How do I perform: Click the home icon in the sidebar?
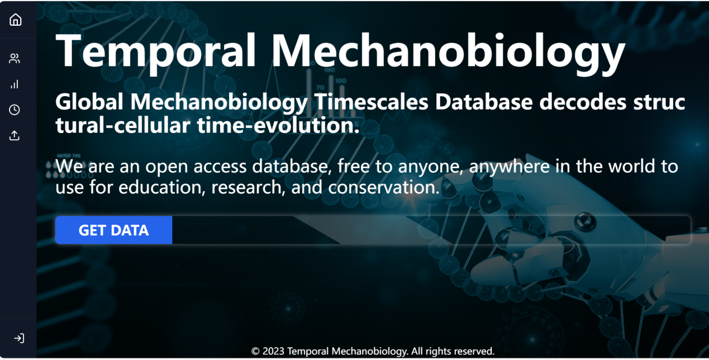pyautogui.click(x=15, y=20)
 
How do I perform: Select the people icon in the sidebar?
pyautogui.click(x=15, y=59)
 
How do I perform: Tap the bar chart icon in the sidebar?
pyautogui.click(x=15, y=84)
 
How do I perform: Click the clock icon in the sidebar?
pyautogui.click(x=15, y=110)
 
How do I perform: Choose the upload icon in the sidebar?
pyautogui.click(x=15, y=135)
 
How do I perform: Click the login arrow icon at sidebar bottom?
pyautogui.click(x=19, y=338)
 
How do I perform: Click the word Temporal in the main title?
pyautogui.click(x=156, y=52)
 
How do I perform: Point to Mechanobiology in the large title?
pyautogui.click(x=448, y=54)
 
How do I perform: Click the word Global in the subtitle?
pyautogui.click(x=89, y=102)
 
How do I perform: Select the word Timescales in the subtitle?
pyautogui.click(x=371, y=102)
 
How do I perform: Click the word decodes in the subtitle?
pyautogui.click(x=583, y=102)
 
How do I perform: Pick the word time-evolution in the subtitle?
pyautogui.click(x=278, y=125)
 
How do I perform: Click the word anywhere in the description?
pyautogui.click(x=510, y=167)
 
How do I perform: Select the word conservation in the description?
pyautogui.click(x=384, y=187)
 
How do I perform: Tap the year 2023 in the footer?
pyautogui.click(x=273, y=351)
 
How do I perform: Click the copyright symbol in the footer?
pyautogui.click(x=255, y=352)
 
